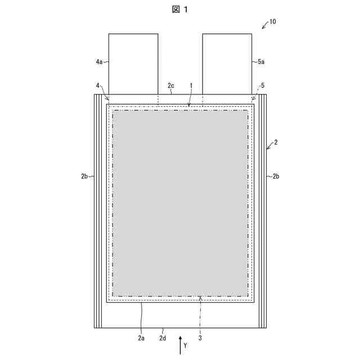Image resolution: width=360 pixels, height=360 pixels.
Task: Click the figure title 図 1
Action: click(180, 10)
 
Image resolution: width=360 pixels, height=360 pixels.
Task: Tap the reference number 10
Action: click(272, 21)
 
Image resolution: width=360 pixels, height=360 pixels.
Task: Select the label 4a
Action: click(99, 61)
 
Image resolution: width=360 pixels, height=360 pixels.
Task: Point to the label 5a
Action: click(261, 61)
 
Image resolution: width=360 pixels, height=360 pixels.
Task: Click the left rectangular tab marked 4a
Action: click(133, 64)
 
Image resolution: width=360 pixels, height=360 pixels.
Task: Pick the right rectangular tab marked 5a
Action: click(227, 64)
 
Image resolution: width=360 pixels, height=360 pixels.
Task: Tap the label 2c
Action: click(170, 85)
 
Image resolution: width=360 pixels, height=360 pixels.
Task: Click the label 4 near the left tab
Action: click(97, 85)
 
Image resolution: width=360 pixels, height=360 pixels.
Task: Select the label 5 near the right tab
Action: click(263, 85)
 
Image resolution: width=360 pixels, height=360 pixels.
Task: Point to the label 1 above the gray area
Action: click(191, 85)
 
